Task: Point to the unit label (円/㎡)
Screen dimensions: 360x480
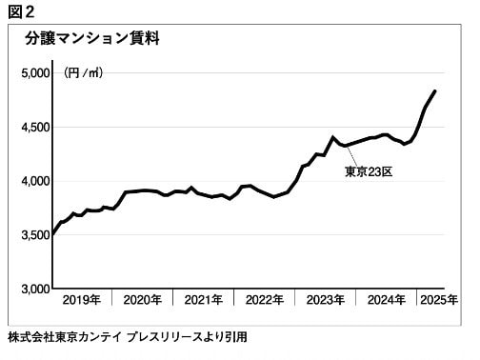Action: pos(84,72)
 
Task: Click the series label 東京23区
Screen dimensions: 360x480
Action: pos(367,172)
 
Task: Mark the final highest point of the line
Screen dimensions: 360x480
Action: pos(435,91)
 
